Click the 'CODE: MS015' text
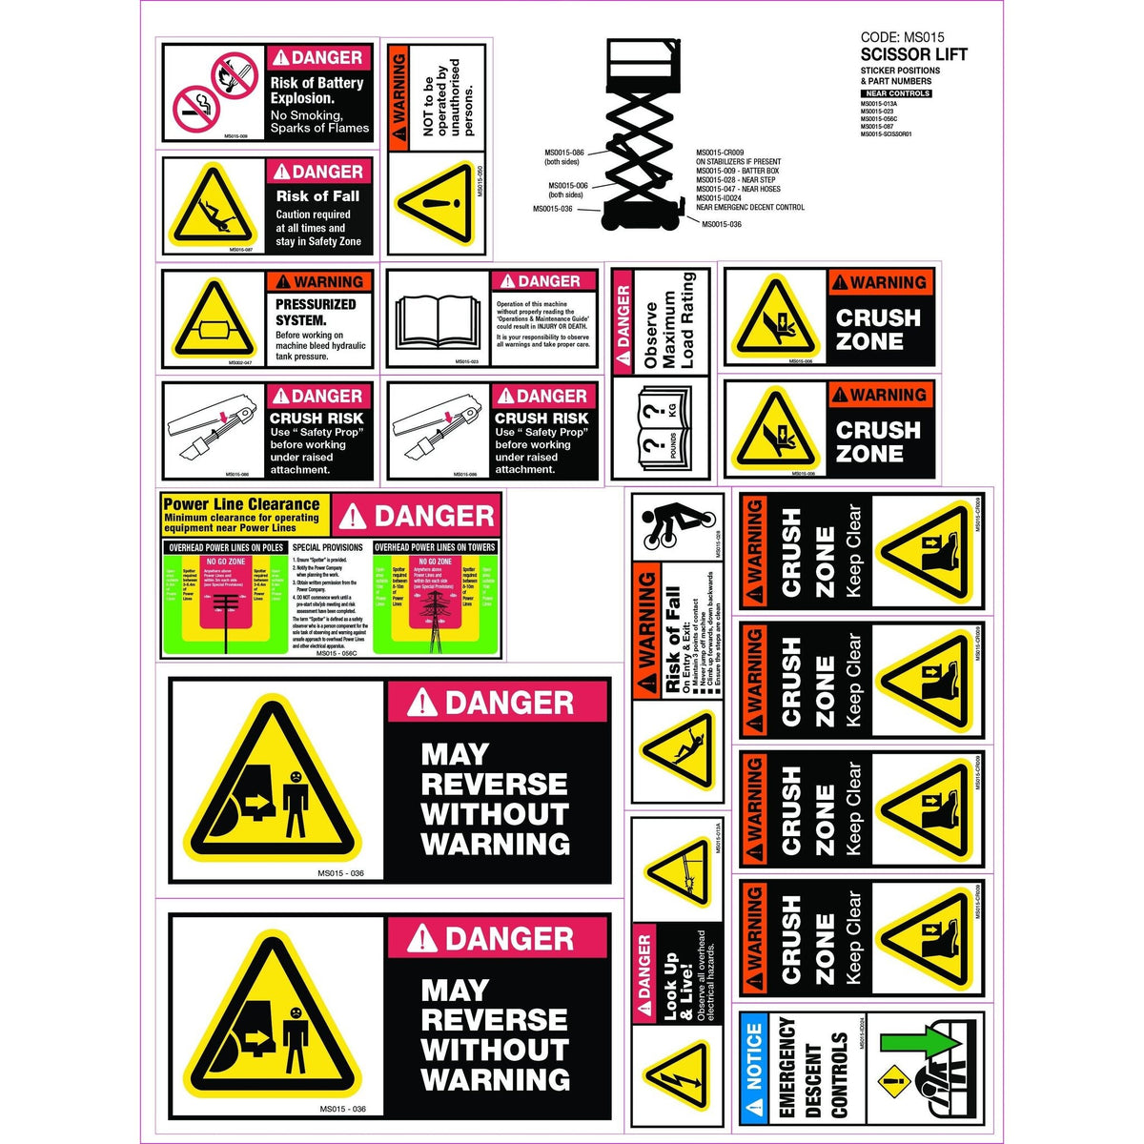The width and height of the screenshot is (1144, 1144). (888, 38)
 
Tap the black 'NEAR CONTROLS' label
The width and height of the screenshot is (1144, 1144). (895, 93)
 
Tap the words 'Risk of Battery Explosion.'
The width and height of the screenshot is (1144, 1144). (317, 91)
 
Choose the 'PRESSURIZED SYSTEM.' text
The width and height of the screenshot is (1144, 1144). (315, 313)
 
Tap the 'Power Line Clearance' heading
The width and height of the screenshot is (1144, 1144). (241, 504)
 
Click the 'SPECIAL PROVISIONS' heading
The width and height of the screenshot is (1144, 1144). (327, 548)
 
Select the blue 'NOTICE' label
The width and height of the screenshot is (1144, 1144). (754, 1056)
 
